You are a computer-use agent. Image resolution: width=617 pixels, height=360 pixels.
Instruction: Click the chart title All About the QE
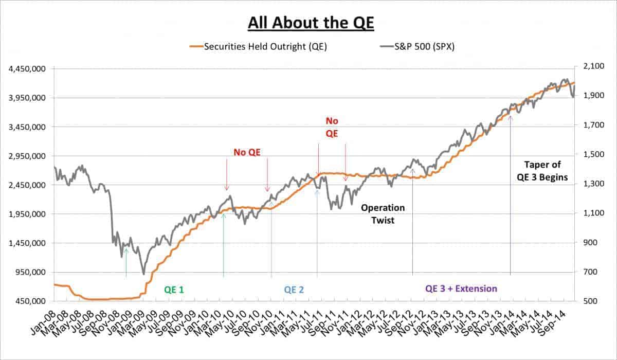tap(308, 23)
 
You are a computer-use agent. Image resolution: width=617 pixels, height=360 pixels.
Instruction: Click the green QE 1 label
tap(174, 290)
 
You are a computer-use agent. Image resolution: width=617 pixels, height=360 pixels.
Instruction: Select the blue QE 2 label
tap(294, 290)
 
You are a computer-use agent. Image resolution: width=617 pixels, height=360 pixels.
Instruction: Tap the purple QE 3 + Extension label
tap(461, 289)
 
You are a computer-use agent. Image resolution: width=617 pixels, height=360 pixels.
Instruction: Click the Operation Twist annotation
tap(383, 213)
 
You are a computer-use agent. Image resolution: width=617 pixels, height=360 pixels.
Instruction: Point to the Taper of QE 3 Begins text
tap(542, 171)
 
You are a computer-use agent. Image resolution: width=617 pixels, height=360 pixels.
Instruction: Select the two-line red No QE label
tap(332, 127)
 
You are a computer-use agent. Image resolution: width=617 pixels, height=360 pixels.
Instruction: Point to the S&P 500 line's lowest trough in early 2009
tap(143, 274)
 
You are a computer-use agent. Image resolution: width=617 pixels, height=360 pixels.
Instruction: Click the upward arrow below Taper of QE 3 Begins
tap(510, 195)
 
